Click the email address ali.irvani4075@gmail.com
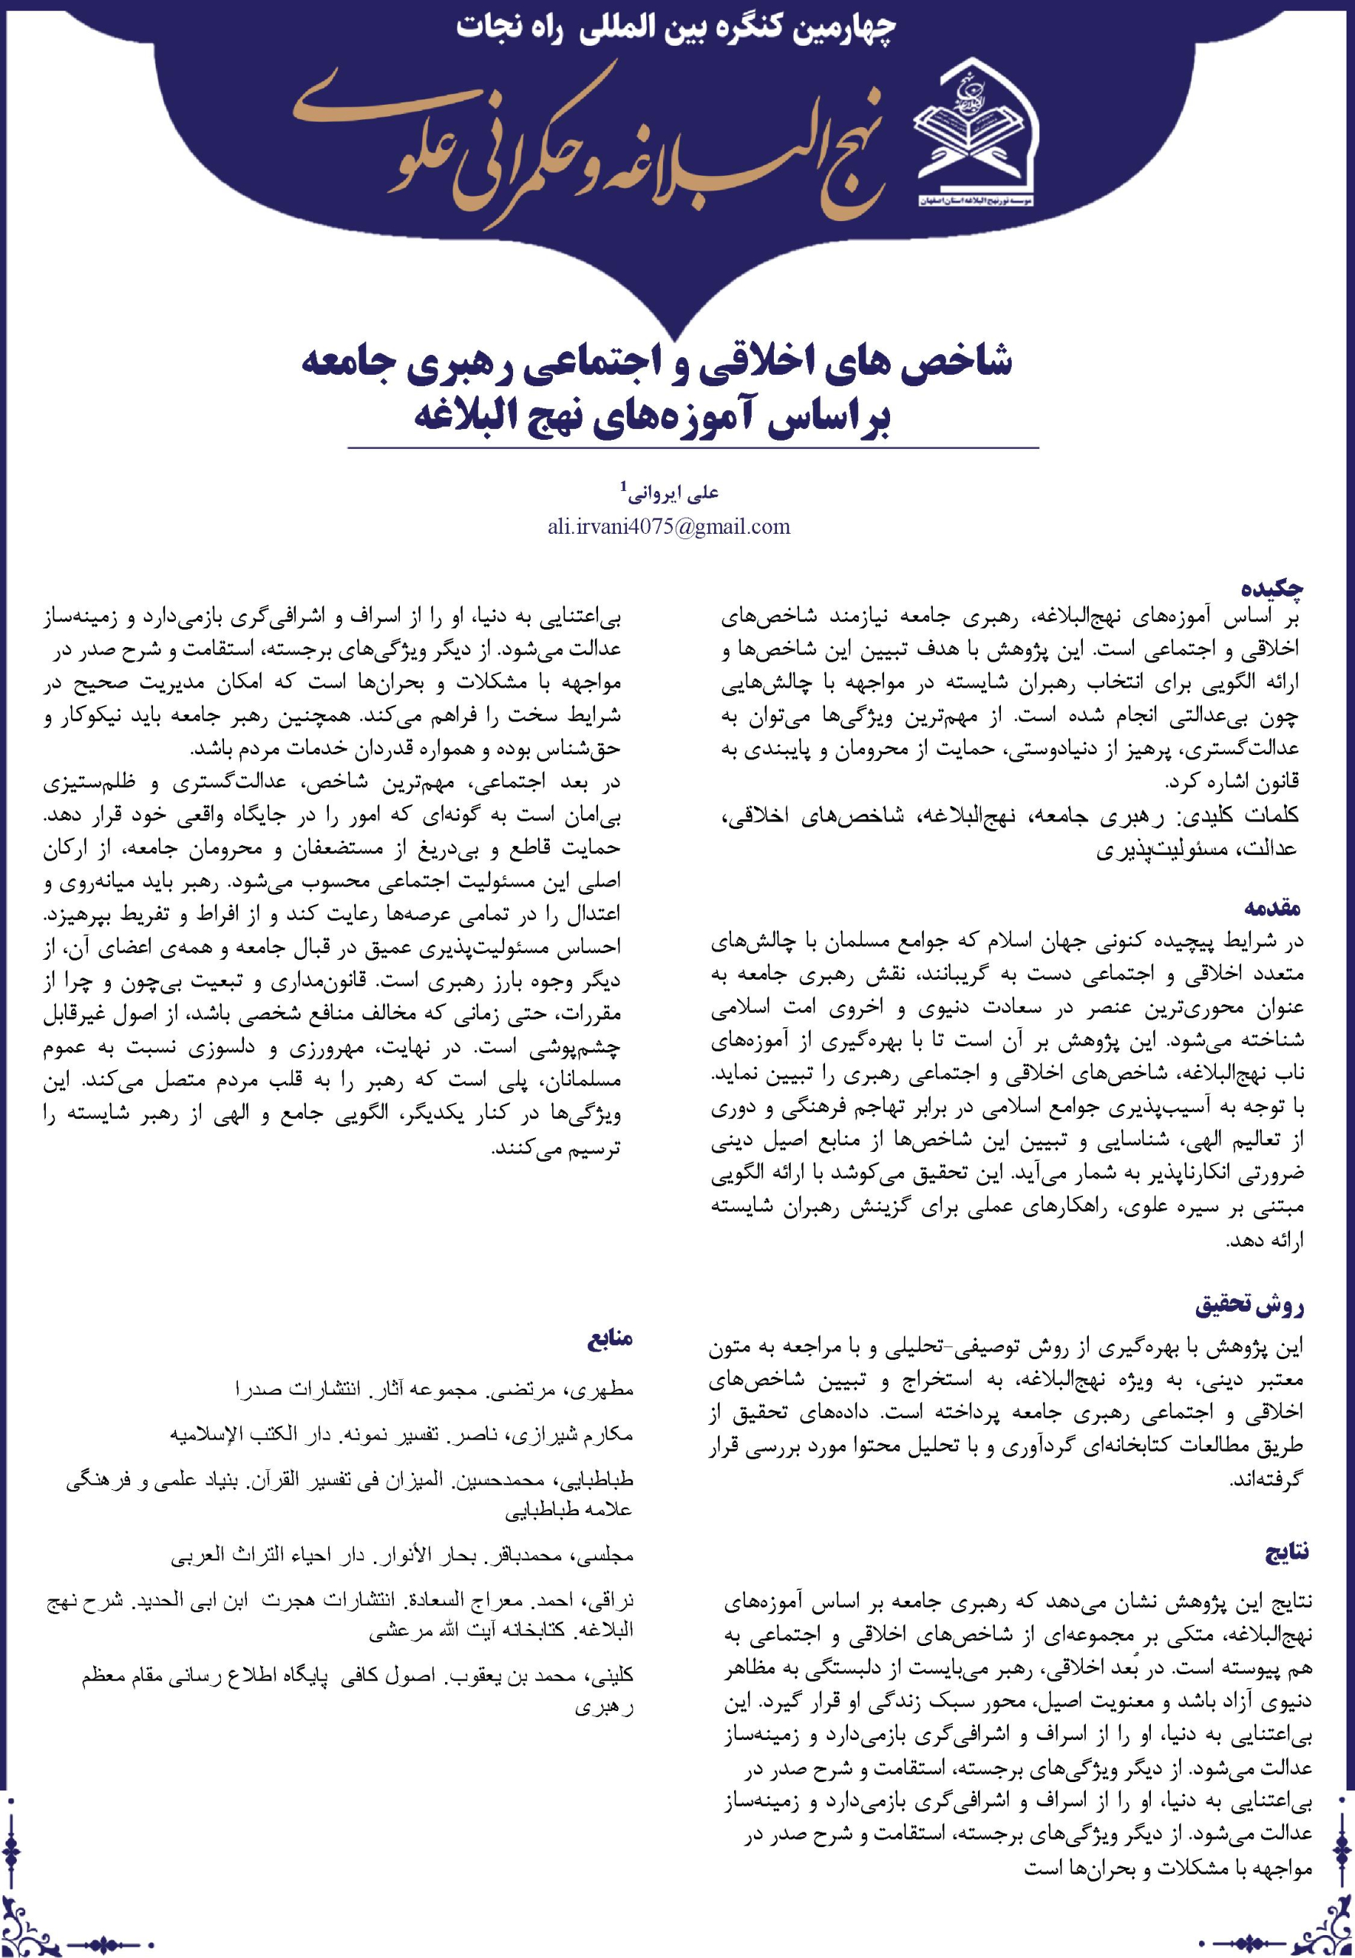click(x=669, y=527)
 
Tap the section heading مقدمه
click(x=1272, y=907)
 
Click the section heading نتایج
click(x=1287, y=1553)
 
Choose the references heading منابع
click(x=609, y=1340)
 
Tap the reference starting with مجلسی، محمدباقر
click(x=402, y=1556)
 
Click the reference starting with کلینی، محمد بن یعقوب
click(x=356, y=1676)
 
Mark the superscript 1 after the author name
click(x=624, y=486)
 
